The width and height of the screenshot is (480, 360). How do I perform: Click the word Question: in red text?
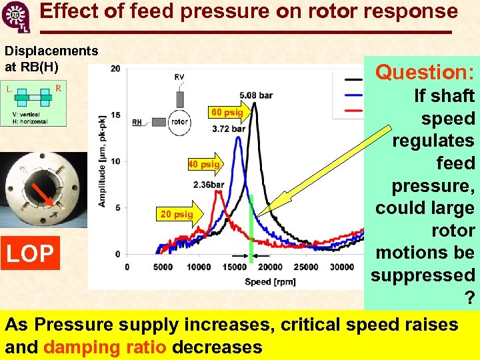pyautogui.click(x=425, y=72)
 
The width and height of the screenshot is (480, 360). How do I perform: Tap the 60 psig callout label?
pyautogui.click(x=227, y=112)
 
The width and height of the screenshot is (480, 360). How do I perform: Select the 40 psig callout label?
pyautogui.click(x=202, y=164)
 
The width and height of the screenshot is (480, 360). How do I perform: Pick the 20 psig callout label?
pyautogui.click(x=176, y=214)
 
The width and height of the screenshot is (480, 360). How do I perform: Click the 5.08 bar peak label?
pyautogui.click(x=256, y=95)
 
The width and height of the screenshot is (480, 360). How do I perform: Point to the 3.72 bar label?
pyautogui.click(x=229, y=129)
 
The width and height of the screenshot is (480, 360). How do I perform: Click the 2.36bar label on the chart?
pyautogui.click(x=208, y=185)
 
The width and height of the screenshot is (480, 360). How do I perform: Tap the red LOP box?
pyautogui.click(x=30, y=253)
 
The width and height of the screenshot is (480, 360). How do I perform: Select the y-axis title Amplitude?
pyautogui.click(x=103, y=167)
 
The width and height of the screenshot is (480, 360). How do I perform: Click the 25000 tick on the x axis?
pyautogui.click(x=306, y=267)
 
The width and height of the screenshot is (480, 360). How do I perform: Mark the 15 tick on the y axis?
pyautogui.click(x=115, y=115)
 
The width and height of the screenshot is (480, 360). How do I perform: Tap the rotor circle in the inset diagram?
pyautogui.click(x=180, y=122)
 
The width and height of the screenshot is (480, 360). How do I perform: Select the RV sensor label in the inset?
pyautogui.click(x=179, y=77)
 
